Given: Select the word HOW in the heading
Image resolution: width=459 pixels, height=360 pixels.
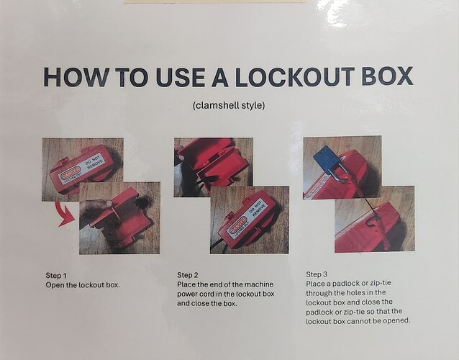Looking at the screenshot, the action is tap(77, 77).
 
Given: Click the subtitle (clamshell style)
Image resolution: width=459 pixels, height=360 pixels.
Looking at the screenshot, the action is tap(229, 105).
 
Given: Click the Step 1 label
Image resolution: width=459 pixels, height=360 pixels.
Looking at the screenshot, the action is tap(56, 275).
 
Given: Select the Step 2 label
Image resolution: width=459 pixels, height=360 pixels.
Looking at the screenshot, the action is tap(188, 275).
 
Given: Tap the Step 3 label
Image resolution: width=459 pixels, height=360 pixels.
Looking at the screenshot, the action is tap(317, 274).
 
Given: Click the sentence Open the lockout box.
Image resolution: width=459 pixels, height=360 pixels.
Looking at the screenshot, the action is tap(83, 285).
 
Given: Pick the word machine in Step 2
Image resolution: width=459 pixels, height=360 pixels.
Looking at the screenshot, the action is tap(259, 284).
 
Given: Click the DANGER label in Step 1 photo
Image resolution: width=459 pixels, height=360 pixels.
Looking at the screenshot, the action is tap(71, 173).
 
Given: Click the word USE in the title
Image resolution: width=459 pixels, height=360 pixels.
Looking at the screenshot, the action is tap(180, 77).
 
